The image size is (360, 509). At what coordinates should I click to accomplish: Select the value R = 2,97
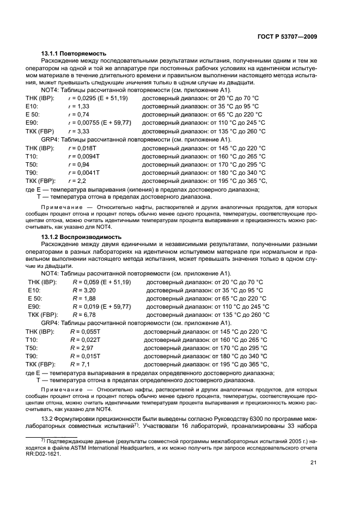click(82, 347)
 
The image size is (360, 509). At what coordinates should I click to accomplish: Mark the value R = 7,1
click(80, 364)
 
